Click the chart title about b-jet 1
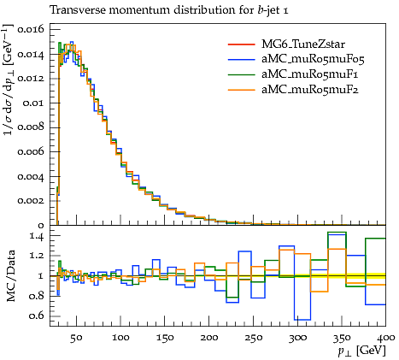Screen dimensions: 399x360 click(169, 10)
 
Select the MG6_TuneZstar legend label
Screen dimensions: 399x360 click(303, 44)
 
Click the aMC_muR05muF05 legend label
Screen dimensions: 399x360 click(313, 59)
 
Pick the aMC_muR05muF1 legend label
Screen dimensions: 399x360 click(310, 74)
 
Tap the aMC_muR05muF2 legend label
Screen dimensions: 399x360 click(310, 90)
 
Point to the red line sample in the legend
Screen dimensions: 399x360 click(242, 44)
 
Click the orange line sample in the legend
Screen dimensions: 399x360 click(242, 90)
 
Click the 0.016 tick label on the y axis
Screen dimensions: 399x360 click(31, 29)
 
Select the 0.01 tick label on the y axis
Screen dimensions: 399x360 click(33, 103)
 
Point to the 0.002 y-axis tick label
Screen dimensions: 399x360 click(31, 201)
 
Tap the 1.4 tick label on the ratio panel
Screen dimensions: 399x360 click(37, 236)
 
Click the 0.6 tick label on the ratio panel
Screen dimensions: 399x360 click(37, 316)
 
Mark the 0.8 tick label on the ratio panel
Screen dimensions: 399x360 click(37, 296)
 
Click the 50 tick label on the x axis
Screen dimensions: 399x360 click(76, 338)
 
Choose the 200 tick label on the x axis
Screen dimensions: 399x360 click(209, 338)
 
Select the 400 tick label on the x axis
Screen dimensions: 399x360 click(385, 338)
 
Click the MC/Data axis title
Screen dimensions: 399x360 click(11, 276)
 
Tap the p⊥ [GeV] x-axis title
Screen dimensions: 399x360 click(361, 351)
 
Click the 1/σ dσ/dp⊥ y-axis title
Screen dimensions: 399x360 click(9, 80)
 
